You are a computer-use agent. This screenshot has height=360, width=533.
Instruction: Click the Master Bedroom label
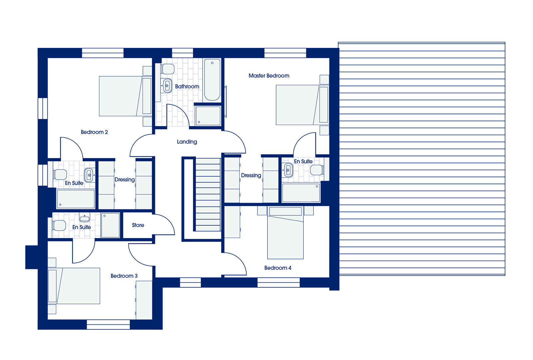coord(269,76)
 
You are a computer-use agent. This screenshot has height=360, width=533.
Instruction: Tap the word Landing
coord(187,142)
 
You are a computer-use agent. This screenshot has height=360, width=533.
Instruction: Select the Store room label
coord(138,225)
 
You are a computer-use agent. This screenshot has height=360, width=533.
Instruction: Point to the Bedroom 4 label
coord(278,268)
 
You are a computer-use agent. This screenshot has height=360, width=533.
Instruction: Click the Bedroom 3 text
coord(124,276)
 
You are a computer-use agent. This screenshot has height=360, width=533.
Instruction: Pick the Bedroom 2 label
coord(94,132)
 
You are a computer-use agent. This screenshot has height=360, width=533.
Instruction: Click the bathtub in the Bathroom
coord(212,80)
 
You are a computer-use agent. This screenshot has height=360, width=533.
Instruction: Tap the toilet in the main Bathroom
coord(168,69)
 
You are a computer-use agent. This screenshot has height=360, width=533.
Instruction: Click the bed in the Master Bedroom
coord(302,105)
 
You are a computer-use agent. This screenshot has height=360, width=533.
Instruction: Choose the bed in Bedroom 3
coord(74,286)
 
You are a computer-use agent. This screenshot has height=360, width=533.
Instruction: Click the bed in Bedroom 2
coord(125,96)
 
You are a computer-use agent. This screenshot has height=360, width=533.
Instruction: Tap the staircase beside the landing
coord(208,195)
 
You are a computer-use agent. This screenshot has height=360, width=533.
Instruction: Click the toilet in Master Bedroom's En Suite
coord(317,170)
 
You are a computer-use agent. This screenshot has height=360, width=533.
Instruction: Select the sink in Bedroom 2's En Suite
coord(89,175)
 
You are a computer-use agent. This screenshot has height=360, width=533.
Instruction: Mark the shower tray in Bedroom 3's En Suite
coord(110,225)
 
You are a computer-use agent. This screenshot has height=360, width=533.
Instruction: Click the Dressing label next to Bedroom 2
coord(125,180)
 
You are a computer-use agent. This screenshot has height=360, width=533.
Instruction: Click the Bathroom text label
coord(187,86)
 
